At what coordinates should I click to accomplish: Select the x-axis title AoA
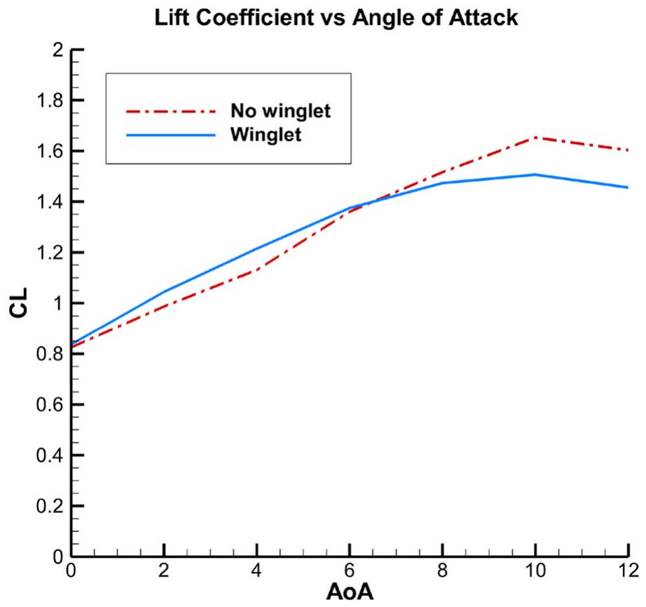point(350,591)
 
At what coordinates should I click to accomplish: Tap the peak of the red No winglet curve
point(536,138)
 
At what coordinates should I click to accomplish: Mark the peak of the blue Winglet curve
point(536,174)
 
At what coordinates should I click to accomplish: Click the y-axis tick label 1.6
point(49,152)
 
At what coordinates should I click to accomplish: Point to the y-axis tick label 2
point(58,51)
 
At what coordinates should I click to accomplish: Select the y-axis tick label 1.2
point(49,253)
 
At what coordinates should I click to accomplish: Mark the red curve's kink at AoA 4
point(257,270)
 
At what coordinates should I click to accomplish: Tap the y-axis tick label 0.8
point(49,354)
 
